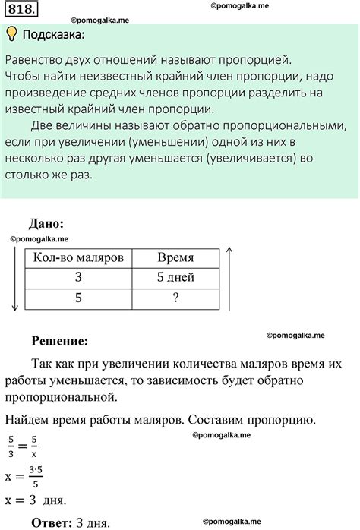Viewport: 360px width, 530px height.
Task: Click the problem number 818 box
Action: point(21,11)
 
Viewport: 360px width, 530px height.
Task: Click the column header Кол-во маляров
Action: point(78,257)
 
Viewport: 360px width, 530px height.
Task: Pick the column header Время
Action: point(175,257)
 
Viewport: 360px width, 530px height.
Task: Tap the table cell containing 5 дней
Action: point(175,278)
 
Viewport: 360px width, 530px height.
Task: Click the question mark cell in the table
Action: point(175,298)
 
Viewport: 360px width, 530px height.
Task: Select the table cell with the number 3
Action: point(78,278)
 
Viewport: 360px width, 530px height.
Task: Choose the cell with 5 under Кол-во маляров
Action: point(78,298)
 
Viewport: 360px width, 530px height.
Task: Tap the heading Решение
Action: point(60,342)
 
